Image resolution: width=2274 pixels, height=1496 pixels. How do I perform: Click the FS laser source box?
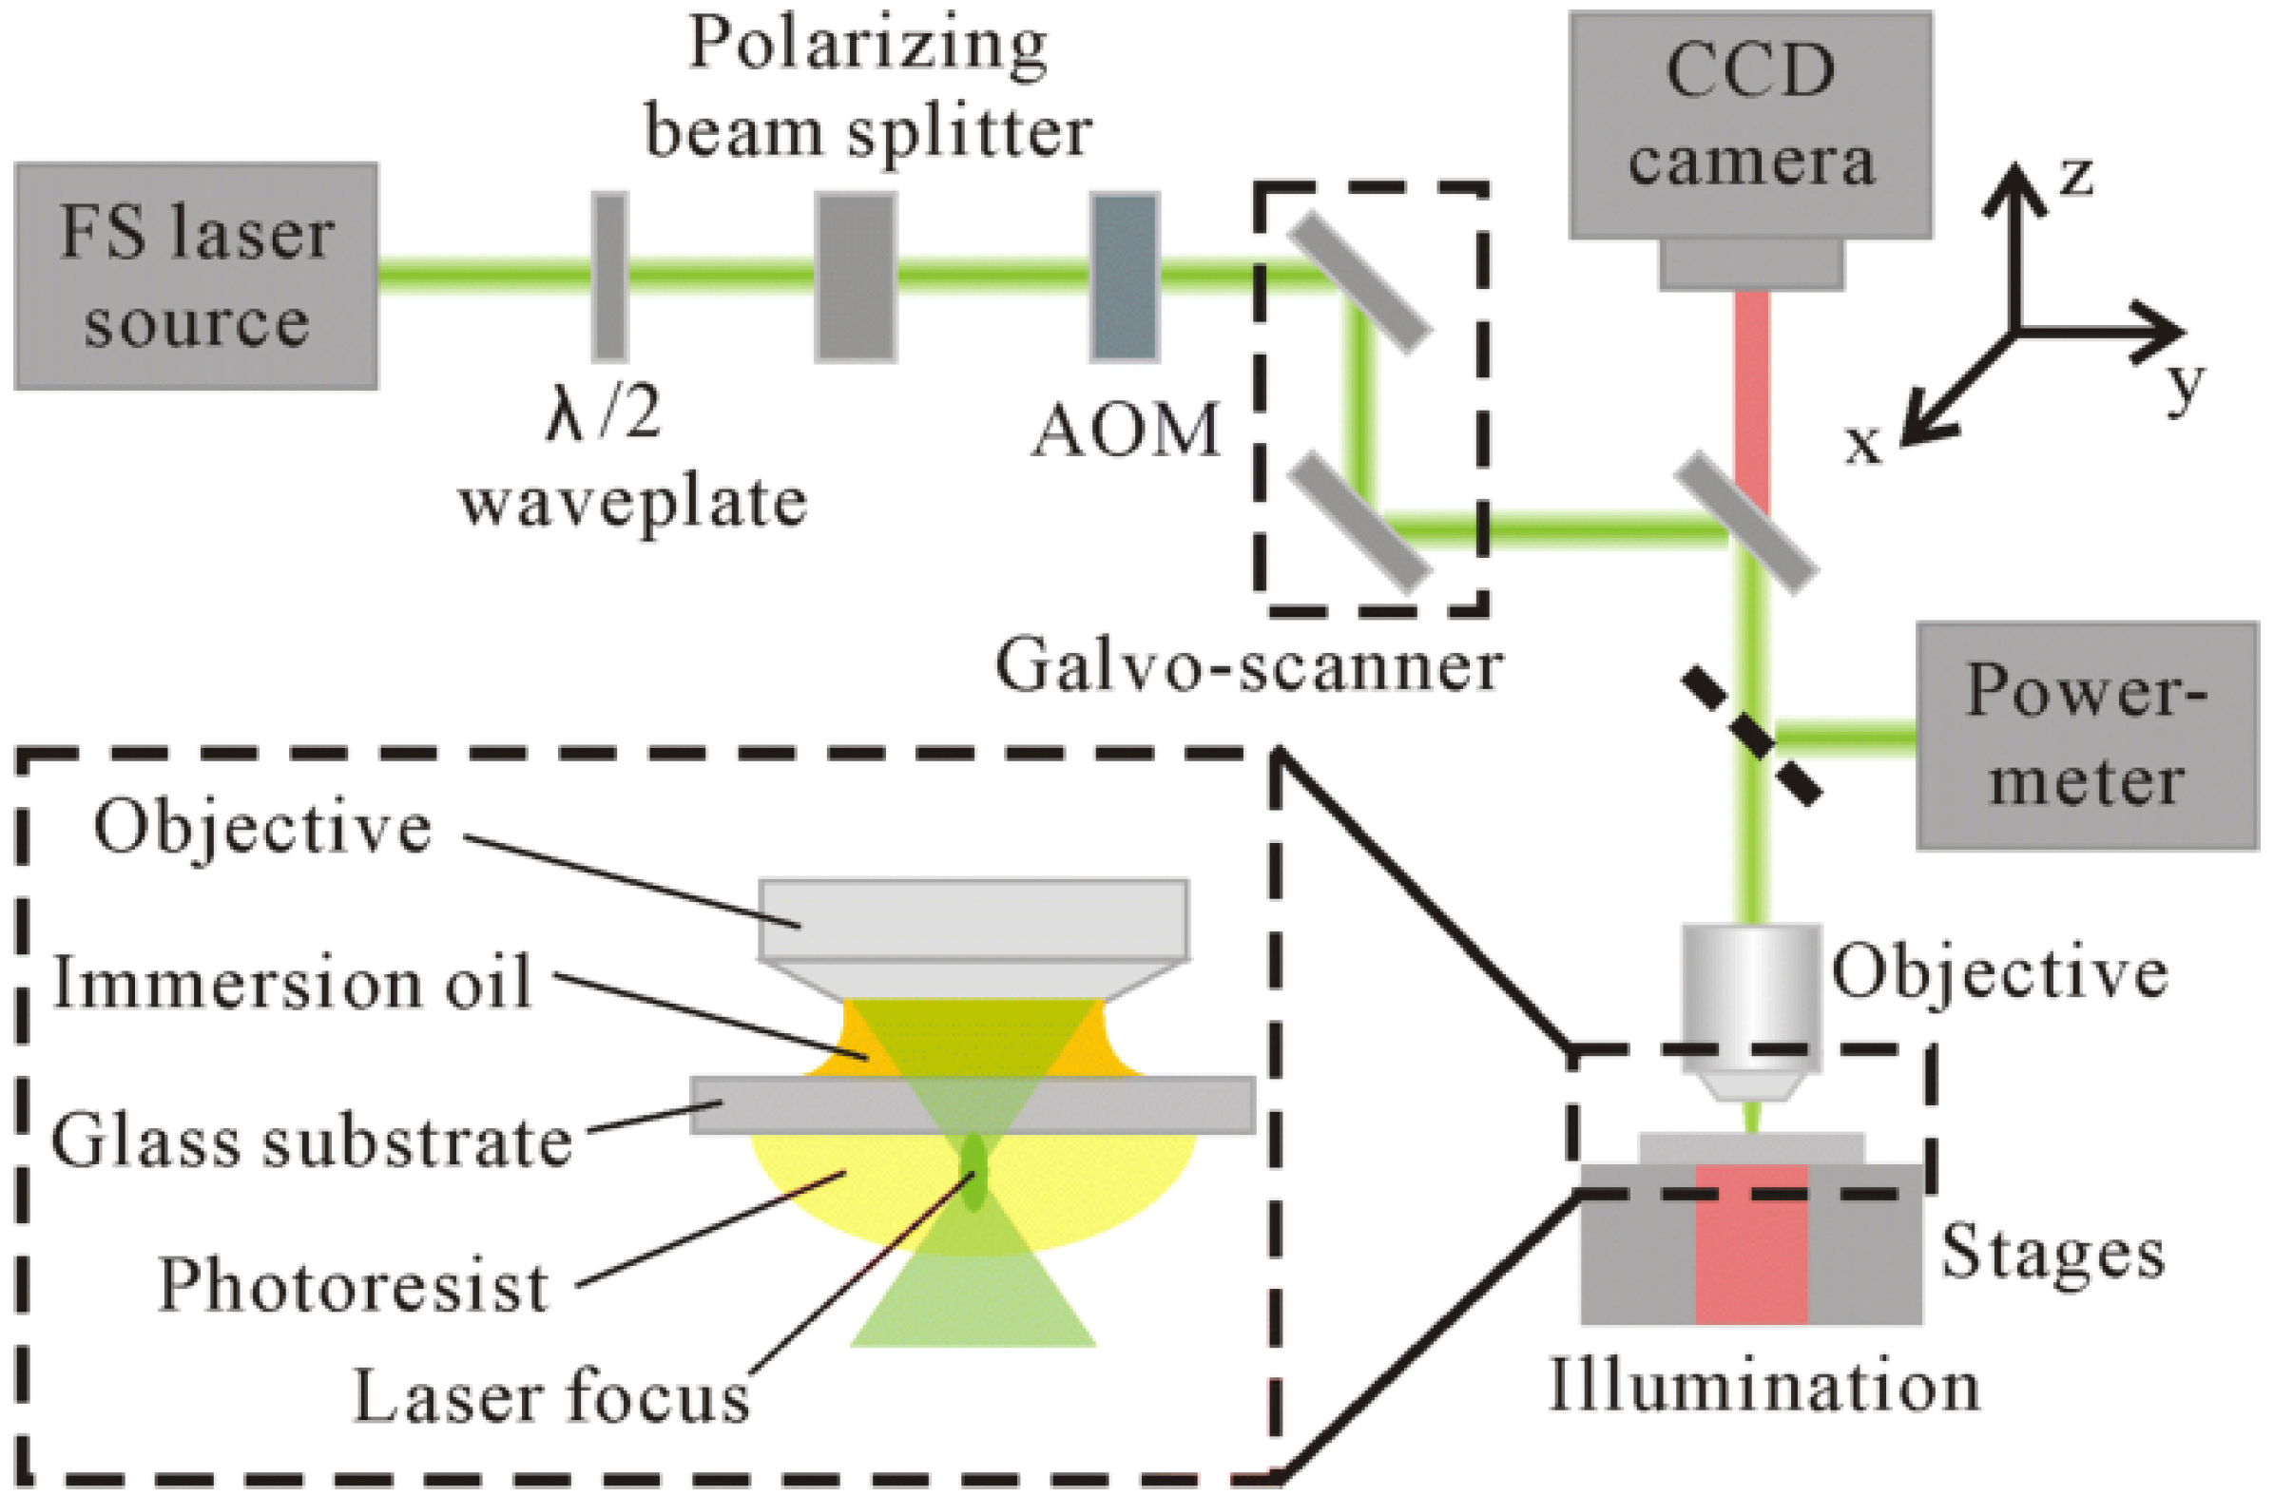(x=196, y=276)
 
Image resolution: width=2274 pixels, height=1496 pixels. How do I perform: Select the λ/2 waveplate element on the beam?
(x=609, y=277)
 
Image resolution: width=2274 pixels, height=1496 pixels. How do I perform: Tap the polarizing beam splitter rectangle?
(x=856, y=277)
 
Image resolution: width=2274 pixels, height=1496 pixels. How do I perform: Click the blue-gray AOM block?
(x=1125, y=277)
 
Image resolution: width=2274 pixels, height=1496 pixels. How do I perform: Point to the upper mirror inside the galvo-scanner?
(x=1359, y=283)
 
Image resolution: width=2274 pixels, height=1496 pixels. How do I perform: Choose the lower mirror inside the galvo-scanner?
(x=1359, y=525)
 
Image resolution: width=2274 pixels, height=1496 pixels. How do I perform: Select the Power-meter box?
(x=2087, y=736)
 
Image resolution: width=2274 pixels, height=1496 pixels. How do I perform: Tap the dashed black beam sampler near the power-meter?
(x=1751, y=737)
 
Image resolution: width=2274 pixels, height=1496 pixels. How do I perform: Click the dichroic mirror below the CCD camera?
(x=1747, y=525)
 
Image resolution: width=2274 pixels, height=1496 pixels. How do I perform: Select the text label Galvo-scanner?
(x=1249, y=666)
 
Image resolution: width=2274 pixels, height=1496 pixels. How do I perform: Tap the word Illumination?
(x=1763, y=1386)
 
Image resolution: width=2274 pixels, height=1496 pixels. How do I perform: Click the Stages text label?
(x=2052, y=1252)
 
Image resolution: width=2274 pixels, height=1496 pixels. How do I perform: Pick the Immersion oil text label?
(x=292, y=982)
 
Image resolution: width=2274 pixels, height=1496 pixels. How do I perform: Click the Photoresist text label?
(x=353, y=1285)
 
